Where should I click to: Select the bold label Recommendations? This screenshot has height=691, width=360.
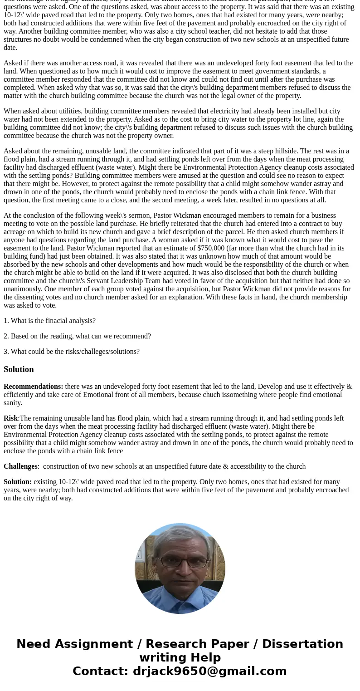pos(33,387)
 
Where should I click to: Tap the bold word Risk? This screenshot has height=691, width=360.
pos(11,418)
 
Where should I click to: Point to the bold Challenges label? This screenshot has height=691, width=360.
pos(20,466)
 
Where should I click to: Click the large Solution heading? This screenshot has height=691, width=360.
pos(19,369)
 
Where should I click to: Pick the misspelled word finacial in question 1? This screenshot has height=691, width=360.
pos(54,321)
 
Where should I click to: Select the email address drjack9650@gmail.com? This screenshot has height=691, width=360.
pos(209,671)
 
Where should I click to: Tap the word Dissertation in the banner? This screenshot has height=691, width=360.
pos(302,644)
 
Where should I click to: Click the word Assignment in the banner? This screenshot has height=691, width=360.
pos(95,644)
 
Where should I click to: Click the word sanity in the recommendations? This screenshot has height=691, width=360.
pos(13,403)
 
